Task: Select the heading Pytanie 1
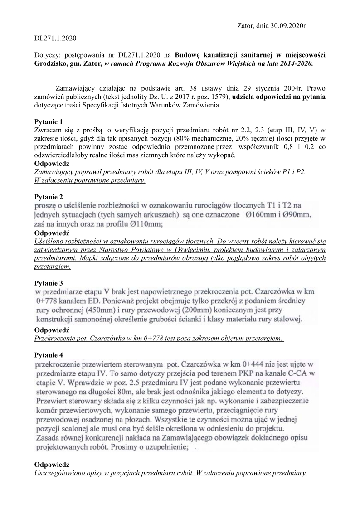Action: (x=49, y=122)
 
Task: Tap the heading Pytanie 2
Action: (x=49, y=197)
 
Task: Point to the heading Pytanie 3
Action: (x=49, y=283)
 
